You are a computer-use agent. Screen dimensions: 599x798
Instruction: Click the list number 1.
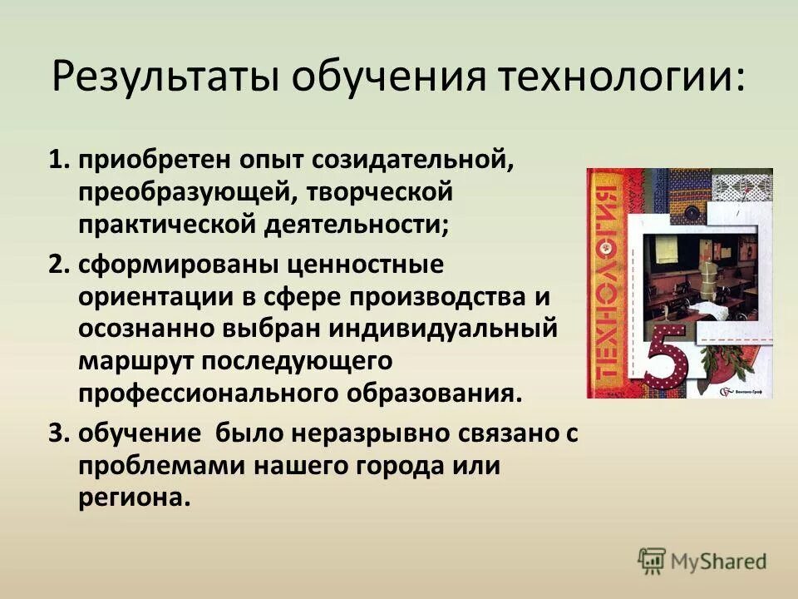tap(60, 160)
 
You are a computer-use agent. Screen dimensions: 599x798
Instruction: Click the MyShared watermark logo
tap(702, 560)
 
